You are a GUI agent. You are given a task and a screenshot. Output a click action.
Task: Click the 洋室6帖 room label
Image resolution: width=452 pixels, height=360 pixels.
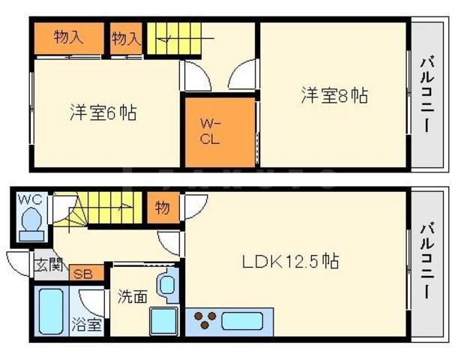(x=103, y=113)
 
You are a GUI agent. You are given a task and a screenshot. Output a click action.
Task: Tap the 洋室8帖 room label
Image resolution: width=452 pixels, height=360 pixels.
(x=334, y=95)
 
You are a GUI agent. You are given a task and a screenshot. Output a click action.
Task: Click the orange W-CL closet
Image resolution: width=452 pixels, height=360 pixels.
(x=218, y=132)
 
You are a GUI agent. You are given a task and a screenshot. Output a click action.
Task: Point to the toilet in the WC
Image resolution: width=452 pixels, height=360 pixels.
(x=31, y=220)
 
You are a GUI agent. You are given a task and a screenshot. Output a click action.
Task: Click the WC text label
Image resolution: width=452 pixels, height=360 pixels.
(x=28, y=199)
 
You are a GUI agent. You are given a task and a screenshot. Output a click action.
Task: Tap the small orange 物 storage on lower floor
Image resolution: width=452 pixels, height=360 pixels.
(x=163, y=208)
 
